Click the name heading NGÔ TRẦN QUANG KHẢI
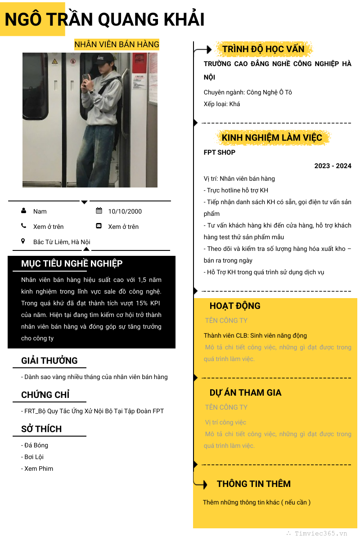[x=104, y=19]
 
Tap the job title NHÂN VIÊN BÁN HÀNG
[x=117, y=44]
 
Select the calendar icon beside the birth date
[x=99, y=211]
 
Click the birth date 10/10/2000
[x=125, y=211]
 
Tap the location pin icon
[x=23, y=241]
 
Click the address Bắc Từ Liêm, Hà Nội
[x=62, y=242]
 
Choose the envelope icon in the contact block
[x=99, y=226]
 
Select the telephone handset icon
[x=23, y=226]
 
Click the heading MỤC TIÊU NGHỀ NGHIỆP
[x=72, y=263]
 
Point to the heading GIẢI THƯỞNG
[x=49, y=361]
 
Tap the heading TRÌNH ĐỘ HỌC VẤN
[x=263, y=49]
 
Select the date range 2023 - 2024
[x=333, y=166]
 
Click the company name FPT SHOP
[x=220, y=152]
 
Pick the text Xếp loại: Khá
[x=222, y=104]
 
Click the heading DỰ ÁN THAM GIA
[x=245, y=393]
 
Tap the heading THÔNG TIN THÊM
[x=253, y=484]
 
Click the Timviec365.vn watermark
[x=320, y=533]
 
